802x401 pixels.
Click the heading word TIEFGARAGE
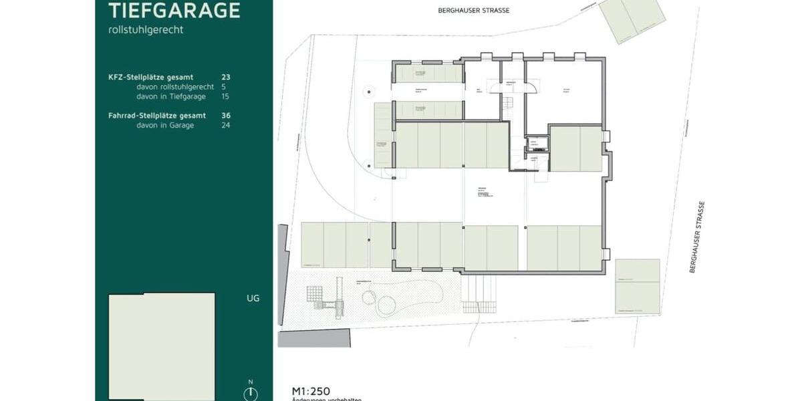coord(174,10)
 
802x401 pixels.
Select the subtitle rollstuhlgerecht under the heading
coord(146,29)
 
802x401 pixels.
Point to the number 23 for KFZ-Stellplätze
coord(226,78)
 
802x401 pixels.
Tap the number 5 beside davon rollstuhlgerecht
coord(224,87)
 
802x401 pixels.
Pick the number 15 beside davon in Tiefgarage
coord(226,96)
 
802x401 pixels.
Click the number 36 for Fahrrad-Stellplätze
coord(226,116)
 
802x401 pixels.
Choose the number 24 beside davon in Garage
coord(226,125)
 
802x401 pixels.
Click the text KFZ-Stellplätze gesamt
coord(150,78)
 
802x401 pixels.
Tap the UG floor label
coord(253,298)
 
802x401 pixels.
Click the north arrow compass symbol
coord(251,393)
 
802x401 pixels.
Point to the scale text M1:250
coord(311,391)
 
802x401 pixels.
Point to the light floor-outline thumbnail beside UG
coord(162,346)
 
